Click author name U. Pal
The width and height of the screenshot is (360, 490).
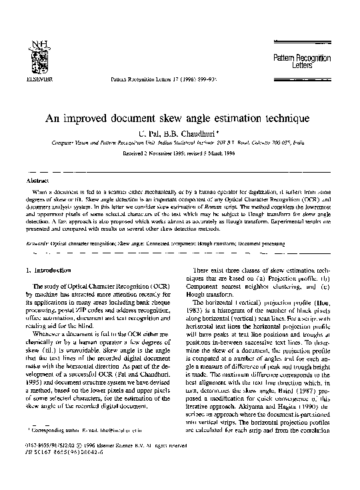pos(149,133)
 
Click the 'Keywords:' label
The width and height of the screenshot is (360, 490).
pos(37,244)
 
